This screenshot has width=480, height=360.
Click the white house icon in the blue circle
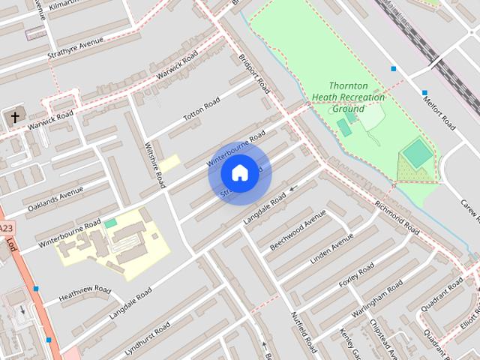tap(239, 173)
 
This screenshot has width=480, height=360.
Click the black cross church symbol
tap(14, 117)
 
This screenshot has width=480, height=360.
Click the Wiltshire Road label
tap(158, 165)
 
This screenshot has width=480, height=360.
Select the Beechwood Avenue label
tap(298, 231)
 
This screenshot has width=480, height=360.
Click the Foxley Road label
tap(356, 274)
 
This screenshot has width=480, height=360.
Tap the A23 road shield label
tap(6, 229)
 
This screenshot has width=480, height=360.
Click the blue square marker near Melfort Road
tap(393, 70)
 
